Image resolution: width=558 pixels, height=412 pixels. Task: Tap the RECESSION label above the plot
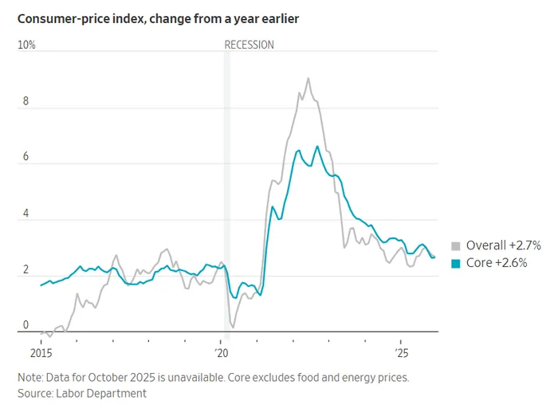click(249, 45)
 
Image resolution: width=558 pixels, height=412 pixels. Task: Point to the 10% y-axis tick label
click(26, 45)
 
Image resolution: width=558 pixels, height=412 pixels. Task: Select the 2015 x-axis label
click(41, 351)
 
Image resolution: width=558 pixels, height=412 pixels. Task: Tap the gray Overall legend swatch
click(456, 246)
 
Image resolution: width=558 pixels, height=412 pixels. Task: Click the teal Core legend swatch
click(456, 263)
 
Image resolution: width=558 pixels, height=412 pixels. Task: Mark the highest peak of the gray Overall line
click(308, 78)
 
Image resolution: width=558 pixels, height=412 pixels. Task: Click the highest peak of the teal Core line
click(317, 147)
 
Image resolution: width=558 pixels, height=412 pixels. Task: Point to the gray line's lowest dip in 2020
click(233, 328)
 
